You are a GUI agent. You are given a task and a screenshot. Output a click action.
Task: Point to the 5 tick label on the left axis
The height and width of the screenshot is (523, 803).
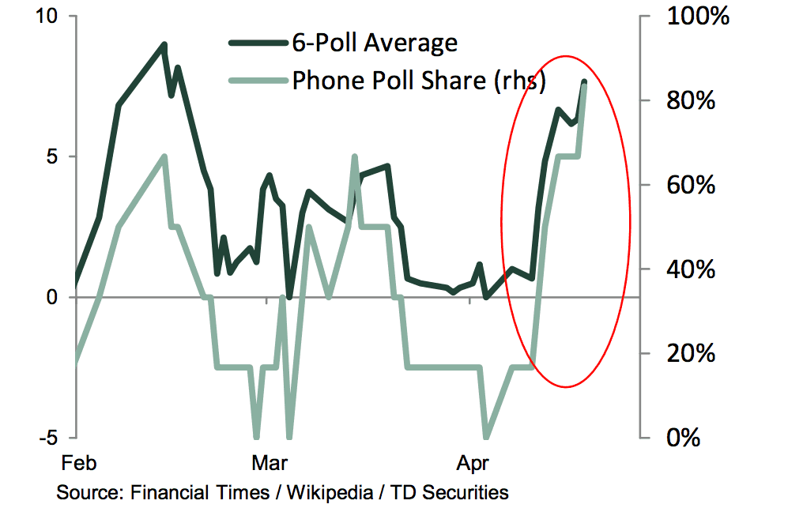pos(55,156)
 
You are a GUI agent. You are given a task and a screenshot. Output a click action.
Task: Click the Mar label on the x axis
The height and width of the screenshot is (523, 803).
pos(269,462)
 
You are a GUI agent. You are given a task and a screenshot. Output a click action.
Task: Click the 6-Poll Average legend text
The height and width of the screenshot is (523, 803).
pos(375,42)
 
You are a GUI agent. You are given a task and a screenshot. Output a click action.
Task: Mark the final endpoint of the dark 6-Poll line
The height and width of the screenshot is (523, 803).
pos(584,82)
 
